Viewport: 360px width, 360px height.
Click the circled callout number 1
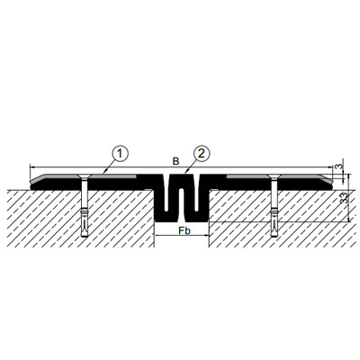click(x=120, y=154)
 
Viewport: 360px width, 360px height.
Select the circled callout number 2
click(x=202, y=154)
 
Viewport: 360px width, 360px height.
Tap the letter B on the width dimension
click(x=175, y=161)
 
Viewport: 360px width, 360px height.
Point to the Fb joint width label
click(x=184, y=230)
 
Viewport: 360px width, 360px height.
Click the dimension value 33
click(x=345, y=198)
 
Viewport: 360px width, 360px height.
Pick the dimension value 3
click(x=339, y=166)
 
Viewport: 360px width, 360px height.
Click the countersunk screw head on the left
click(x=85, y=176)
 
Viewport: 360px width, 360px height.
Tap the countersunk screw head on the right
click(x=274, y=176)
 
